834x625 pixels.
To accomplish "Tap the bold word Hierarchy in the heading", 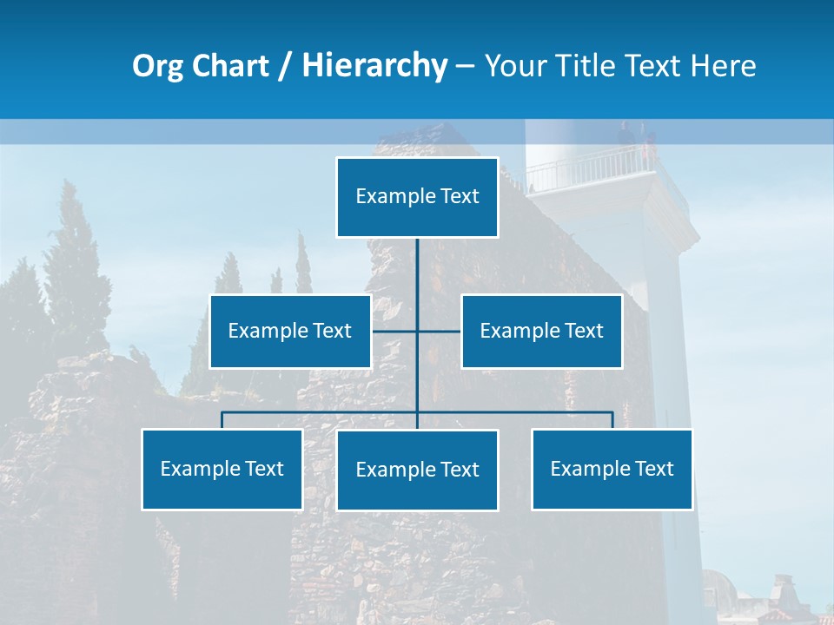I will click(374, 66).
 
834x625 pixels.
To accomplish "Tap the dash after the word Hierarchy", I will click(465, 67).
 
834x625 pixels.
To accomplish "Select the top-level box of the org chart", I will click(417, 197).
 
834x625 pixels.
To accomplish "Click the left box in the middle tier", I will click(290, 331).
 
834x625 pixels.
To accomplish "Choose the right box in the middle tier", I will click(541, 331).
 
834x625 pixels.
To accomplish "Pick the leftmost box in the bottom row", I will click(222, 470).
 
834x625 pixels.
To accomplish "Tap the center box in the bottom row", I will click(417, 470).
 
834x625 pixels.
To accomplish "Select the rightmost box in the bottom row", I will click(612, 470).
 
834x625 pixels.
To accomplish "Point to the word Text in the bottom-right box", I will click(654, 469).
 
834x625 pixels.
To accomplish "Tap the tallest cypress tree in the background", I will click(73, 260).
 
